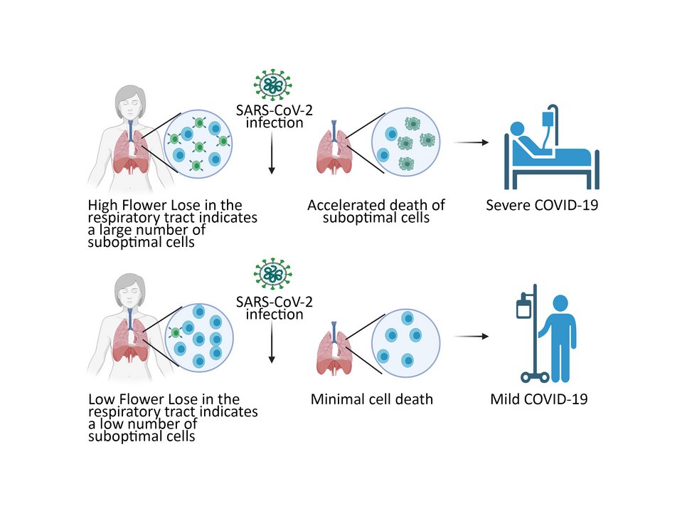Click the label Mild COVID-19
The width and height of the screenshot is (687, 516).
[x=538, y=399]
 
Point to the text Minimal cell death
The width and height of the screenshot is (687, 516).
[x=371, y=399]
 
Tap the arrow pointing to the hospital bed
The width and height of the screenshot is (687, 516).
[x=472, y=143]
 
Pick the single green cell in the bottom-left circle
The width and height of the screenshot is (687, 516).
[x=174, y=332]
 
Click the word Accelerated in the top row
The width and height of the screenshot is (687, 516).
[x=343, y=206]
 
